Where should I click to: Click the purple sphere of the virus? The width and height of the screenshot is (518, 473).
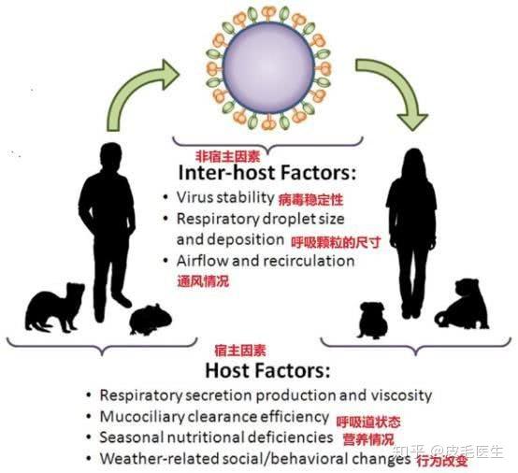[x=269, y=68]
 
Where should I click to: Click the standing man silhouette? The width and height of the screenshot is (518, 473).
[x=108, y=231]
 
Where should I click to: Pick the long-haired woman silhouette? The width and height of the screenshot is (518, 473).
[x=412, y=231]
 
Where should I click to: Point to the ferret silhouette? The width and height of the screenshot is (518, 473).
[x=55, y=308]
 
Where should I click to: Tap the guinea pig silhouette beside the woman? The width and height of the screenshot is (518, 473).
[x=372, y=320]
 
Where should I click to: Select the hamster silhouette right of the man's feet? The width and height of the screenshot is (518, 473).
[x=151, y=320]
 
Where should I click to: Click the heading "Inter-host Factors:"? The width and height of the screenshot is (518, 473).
[x=267, y=172]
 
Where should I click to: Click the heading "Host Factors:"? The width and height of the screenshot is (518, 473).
[x=267, y=370]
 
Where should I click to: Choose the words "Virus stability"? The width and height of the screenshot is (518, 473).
[x=225, y=197]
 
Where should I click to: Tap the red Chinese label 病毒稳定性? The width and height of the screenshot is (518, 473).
[x=310, y=200]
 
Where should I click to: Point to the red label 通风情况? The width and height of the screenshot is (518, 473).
[x=203, y=281]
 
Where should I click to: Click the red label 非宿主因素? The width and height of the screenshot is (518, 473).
[x=228, y=156]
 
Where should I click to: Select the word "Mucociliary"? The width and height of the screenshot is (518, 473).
[x=142, y=417]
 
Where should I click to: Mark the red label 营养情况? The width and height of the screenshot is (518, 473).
[x=368, y=440]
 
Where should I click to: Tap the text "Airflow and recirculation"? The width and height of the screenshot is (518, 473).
[x=266, y=261]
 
